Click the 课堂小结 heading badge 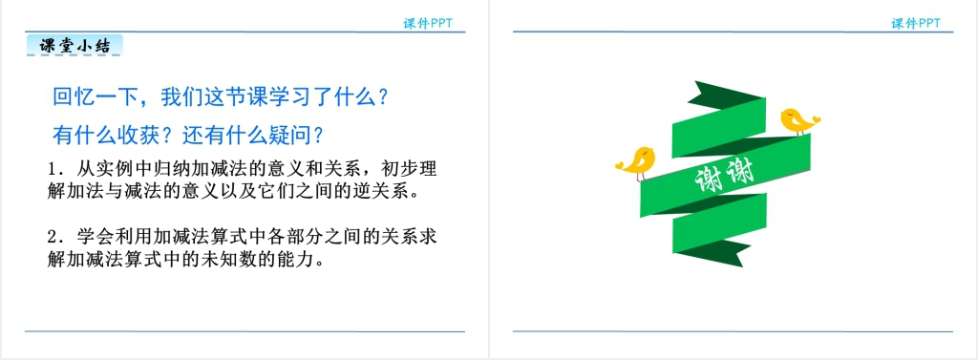[x=74, y=46]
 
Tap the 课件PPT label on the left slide [x=427, y=24]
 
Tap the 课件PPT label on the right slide [x=916, y=24]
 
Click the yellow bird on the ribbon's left [x=635, y=163]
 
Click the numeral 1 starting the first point [x=53, y=170]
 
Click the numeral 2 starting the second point [x=53, y=237]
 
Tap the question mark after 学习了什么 [x=385, y=97]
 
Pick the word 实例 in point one [x=108, y=170]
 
